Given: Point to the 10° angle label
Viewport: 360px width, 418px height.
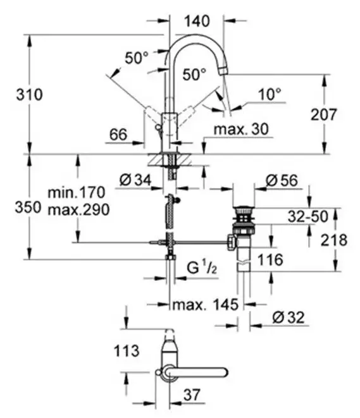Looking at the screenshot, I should [270, 95].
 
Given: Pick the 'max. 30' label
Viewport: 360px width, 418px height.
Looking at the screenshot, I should [241, 129].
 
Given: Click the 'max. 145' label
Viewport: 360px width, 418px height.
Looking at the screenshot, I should [206, 305].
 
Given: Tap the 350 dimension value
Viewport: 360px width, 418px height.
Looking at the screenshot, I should [13, 207].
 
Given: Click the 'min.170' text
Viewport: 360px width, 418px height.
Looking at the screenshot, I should [75, 190].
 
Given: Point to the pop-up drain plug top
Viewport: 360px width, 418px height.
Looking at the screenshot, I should [243, 207].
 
